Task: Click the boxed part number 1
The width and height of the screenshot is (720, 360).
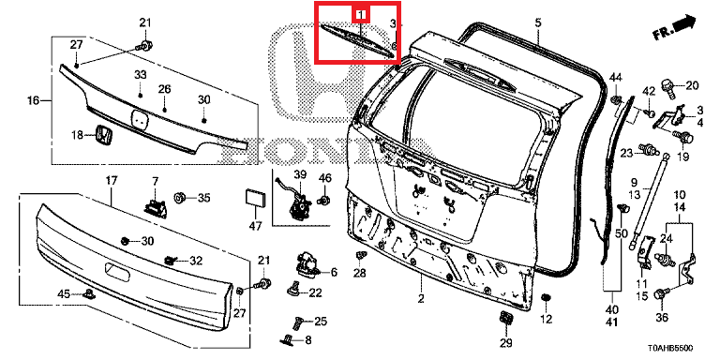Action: pyautogui.click(x=361, y=15)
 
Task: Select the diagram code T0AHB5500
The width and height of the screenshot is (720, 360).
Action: pyautogui.click(x=671, y=349)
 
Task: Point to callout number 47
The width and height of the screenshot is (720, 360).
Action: pyautogui.click(x=255, y=225)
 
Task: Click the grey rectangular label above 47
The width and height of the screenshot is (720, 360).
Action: pyautogui.click(x=255, y=198)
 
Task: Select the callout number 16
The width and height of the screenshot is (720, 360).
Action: pyautogui.click(x=34, y=99)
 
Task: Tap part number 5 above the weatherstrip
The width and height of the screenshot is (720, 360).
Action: pyautogui.click(x=538, y=22)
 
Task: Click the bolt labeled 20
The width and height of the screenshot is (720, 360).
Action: pyautogui.click(x=668, y=86)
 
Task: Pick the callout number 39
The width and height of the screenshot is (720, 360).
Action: pyautogui.click(x=300, y=174)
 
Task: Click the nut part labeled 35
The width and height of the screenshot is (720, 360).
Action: pyautogui.click(x=180, y=198)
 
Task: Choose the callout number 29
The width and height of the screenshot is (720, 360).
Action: pyautogui.click(x=505, y=342)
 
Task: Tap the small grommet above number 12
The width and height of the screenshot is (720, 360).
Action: pyautogui.click(x=546, y=298)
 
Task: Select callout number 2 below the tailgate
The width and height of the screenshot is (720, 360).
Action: pyautogui.click(x=421, y=299)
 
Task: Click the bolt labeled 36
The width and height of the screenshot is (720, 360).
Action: pyautogui.click(x=661, y=293)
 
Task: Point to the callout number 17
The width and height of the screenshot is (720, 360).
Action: pyautogui.click(x=112, y=180)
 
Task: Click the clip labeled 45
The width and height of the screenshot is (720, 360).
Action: pyautogui.click(x=88, y=293)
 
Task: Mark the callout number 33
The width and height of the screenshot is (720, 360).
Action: pyautogui.click(x=140, y=74)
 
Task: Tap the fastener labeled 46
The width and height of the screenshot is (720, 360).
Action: pyautogui.click(x=324, y=200)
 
